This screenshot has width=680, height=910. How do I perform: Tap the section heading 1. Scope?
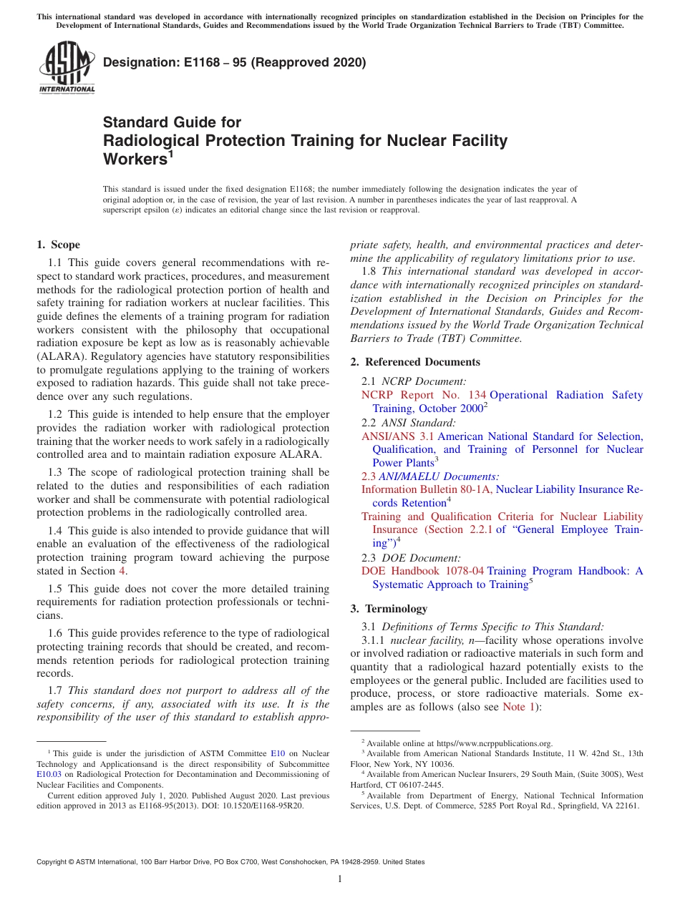tap(58, 245)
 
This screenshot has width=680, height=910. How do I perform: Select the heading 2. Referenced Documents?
tap(415, 362)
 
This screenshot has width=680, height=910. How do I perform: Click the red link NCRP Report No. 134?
tap(424, 395)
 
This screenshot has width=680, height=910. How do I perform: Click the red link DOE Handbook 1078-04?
tap(422, 571)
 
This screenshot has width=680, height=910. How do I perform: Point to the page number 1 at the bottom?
tap(340, 879)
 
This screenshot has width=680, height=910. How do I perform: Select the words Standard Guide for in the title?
tap(172, 122)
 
